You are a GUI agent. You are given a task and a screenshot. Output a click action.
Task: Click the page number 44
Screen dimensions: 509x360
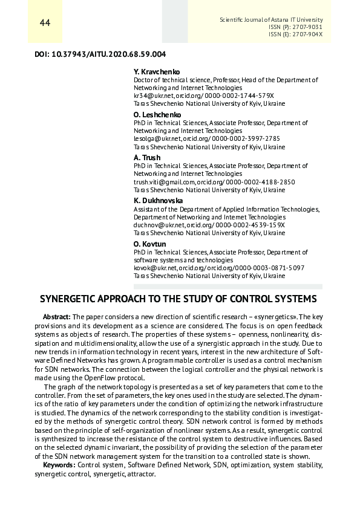(x=44, y=24)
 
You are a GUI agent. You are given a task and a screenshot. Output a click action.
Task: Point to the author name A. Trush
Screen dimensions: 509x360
(x=147, y=158)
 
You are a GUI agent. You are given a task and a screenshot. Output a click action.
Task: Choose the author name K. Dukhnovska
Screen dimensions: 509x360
(x=158, y=201)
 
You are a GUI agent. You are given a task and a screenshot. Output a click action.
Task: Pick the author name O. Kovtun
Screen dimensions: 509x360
(x=149, y=244)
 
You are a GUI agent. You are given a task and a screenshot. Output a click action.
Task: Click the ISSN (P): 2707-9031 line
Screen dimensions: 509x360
(x=295, y=27)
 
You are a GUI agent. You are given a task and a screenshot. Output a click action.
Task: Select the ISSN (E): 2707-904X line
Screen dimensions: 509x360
(x=295, y=34)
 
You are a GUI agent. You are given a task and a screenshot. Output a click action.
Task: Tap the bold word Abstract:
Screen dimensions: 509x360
(x=57, y=317)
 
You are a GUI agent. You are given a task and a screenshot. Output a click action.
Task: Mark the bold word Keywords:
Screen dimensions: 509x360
(x=59, y=465)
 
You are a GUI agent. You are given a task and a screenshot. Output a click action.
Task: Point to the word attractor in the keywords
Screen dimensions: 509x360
(x=141, y=474)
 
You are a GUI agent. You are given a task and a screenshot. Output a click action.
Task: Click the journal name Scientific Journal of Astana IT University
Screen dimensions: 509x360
(x=270, y=20)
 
